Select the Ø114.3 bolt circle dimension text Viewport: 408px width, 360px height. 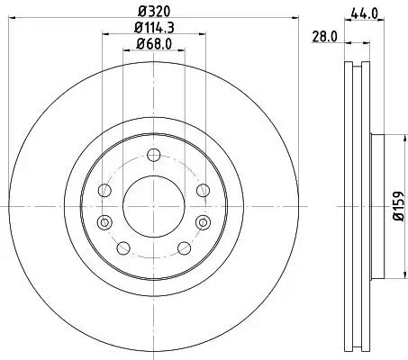pyautogui.click(x=153, y=28)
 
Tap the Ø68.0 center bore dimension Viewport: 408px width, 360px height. pyautogui.click(x=153, y=44)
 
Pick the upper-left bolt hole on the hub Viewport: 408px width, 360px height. pyautogui.click(x=105, y=191)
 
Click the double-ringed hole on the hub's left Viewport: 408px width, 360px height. pyautogui.click(x=105, y=221)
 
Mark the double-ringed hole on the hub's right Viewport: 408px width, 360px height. pyautogui.click(x=199, y=221)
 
